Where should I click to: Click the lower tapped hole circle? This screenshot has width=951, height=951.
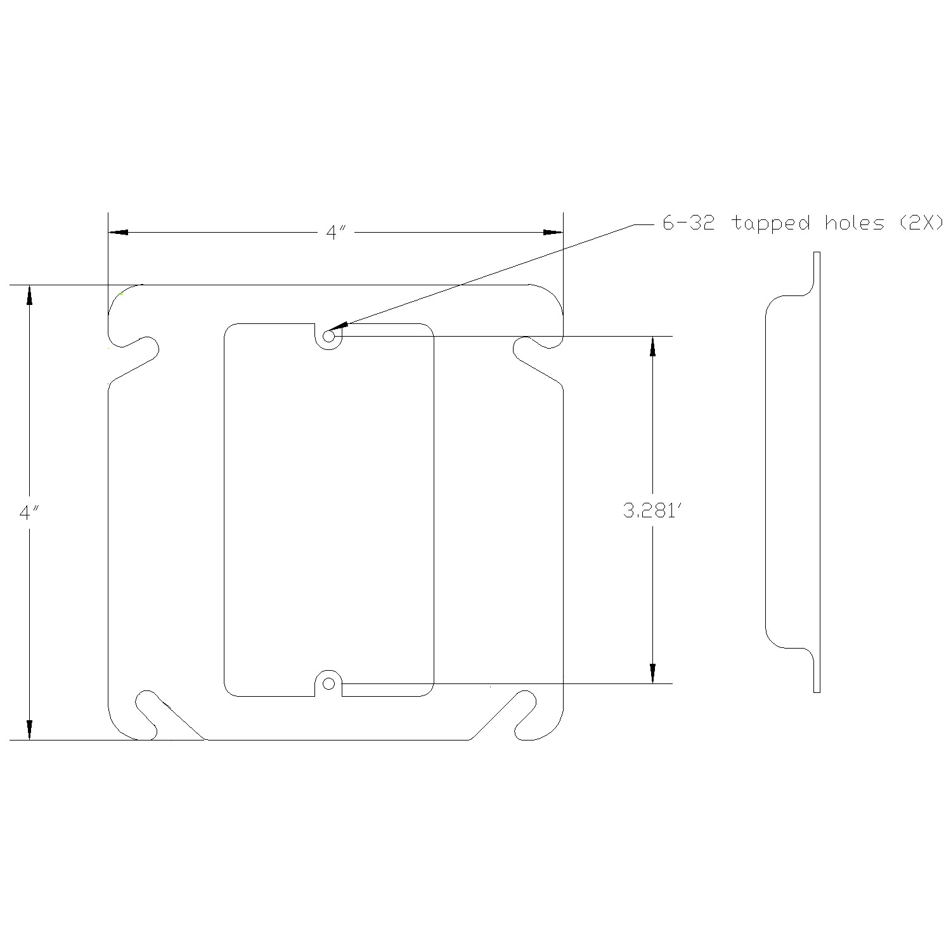[x=328, y=683]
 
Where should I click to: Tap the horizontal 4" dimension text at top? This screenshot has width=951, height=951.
[x=335, y=233]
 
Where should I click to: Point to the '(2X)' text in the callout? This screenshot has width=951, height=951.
[x=922, y=223]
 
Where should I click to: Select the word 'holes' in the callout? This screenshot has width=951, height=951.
[x=855, y=223]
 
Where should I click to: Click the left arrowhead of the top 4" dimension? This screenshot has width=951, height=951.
[x=118, y=233]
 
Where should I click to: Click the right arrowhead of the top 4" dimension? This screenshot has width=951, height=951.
[x=553, y=233]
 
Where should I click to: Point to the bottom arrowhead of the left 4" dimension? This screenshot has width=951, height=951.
[x=29, y=730]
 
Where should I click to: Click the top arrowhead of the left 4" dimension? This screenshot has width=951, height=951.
[x=29, y=296]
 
